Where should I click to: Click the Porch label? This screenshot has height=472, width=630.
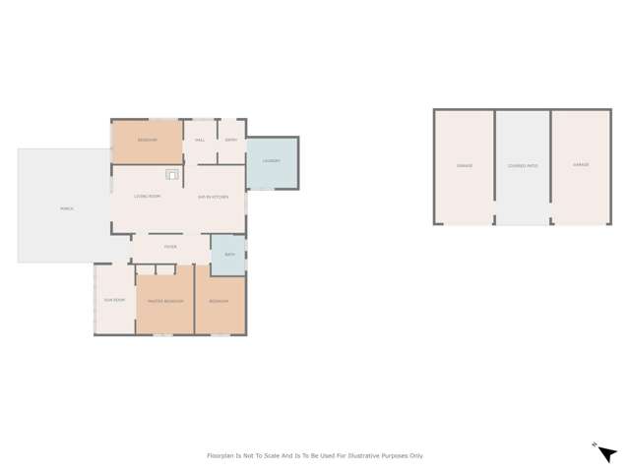pos(67,208)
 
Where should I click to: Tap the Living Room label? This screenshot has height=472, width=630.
pos(148,197)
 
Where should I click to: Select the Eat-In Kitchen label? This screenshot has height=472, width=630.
pos(213,197)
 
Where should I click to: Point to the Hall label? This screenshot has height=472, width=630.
pos(200,140)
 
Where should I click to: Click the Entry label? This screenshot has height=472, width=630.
pos(231,140)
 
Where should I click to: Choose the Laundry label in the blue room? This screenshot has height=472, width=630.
pos(272,161)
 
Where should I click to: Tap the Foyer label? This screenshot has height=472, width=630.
pos(170,247)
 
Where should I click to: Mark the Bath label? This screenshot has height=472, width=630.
pos(229,254)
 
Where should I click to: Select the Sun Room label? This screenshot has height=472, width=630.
pos(114,300)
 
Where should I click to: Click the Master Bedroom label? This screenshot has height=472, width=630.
pos(164,301)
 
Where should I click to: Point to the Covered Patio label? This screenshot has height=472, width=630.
pos(523,166)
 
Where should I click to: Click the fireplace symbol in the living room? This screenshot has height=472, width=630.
pos(172,175)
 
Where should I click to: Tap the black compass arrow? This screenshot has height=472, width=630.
pos(606,453)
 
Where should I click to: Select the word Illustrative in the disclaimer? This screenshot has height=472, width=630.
pos(357,456)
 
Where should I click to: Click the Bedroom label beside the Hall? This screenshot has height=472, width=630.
pos(147,140)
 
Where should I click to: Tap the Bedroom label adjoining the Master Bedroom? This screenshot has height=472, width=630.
pos(219,301)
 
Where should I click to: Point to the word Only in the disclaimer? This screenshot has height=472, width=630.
pos(417,456)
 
